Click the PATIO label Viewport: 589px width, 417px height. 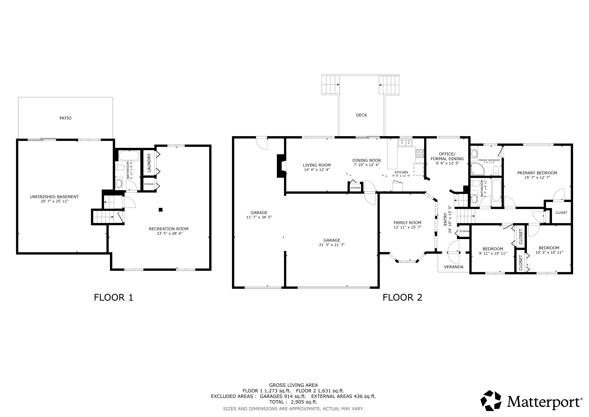pyautogui.click(x=65, y=118)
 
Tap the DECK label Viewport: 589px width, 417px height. pyautogui.click(x=361, y=115)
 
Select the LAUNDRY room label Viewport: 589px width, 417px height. pyautogui.click(x=149, y=163)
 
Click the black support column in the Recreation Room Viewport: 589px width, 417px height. pyautogui.click(x=161, y=210)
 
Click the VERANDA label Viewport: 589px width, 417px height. pyautogui.click(x=454, y=267)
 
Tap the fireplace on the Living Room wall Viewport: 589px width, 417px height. pyautogui.click(x=281, y=166)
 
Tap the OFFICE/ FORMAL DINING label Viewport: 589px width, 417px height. pyautogui.click(x=447, y=156)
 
